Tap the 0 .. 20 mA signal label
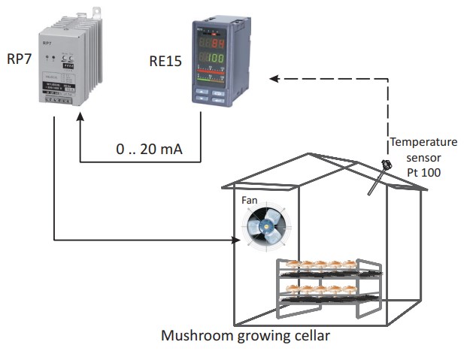(x=148, y=149)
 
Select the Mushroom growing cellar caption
(x=245, y=335)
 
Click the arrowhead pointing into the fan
(x=235, y=241)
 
